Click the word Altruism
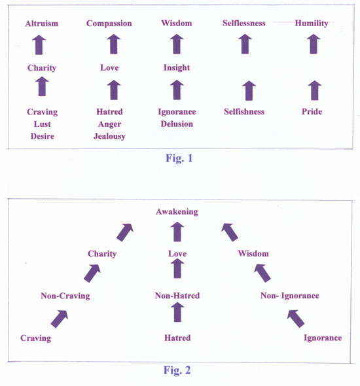coord(42,24)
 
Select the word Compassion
coord(109,24)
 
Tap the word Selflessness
coord(244,23)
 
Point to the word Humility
coord(312,24)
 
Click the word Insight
coord(177,67)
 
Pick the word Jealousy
coord(109,136)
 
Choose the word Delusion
coord(177,124)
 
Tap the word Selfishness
coord(244,112)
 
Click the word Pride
coord(312,112)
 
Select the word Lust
coord(43,124)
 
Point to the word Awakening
coord(177,212)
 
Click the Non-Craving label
coord(65,296)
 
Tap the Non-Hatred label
coord(177,296)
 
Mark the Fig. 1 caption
coord(179,158)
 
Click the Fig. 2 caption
coord(177,370)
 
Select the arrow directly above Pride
coord(315,90)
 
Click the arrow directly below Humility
coord(314,44)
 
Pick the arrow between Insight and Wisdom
coord(177,44)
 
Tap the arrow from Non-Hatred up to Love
coord(177,269)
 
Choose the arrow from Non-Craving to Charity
coord(92,273)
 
